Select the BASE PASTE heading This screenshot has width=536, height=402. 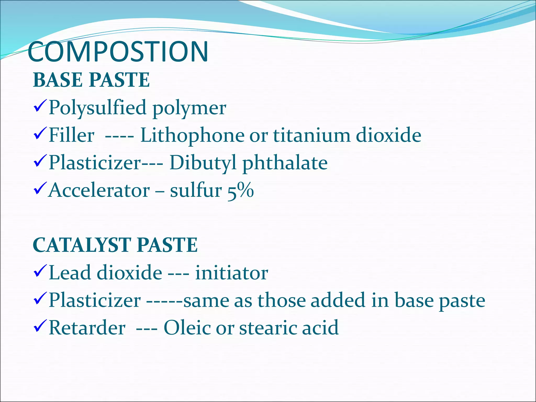point(91,80)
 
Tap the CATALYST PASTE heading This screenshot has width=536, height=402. point(115,245)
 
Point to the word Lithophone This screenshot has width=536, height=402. point(192,136)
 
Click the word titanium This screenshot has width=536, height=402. point(311,136)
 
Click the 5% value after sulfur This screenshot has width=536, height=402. point(240,191)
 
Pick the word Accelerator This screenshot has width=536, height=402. point(99,191)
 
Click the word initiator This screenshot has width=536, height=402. point(232,273)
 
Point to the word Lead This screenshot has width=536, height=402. point(70,273)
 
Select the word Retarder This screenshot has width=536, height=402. point(87,328)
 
